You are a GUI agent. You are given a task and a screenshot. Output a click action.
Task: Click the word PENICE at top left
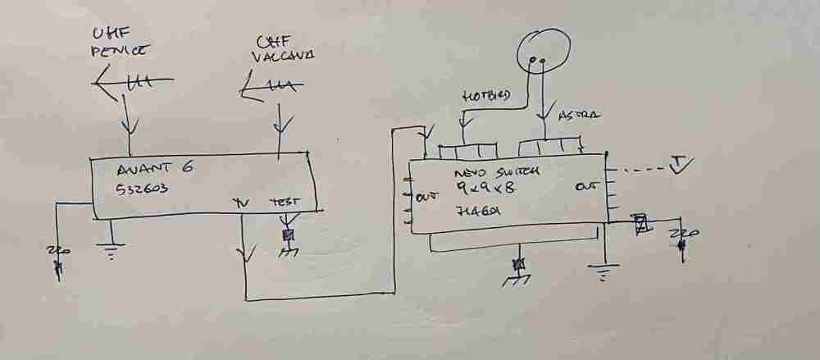point(120,52)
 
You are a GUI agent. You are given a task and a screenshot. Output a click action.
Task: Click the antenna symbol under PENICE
point(131,81)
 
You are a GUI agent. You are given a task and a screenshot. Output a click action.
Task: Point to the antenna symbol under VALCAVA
point(273,85)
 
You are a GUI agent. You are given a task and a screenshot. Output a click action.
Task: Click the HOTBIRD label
point(484,97)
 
